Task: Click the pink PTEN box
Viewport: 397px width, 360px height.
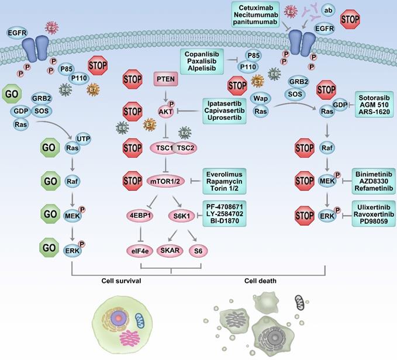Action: pyautogui.click(x=163, y=78)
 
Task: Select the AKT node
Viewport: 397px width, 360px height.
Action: pyautogui.click(x=163, y=109)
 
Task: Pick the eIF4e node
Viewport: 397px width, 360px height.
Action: pyautogui.click(x=140, y=251)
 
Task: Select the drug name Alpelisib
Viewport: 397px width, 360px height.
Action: pyautogui.click(x=203, y=68)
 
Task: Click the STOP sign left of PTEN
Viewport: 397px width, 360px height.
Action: pyautogui.click(x=133, y=78)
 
